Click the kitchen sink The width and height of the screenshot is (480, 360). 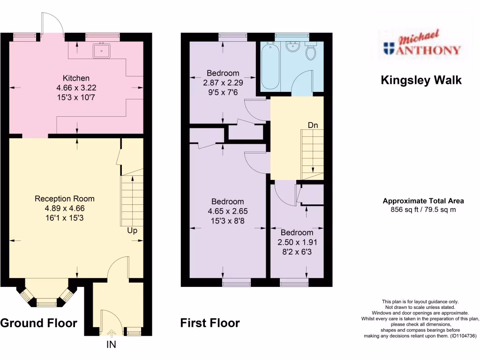[101, 50]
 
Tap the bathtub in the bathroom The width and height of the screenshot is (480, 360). [270, 66]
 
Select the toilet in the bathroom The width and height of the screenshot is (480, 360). [311, 52]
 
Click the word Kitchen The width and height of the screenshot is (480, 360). [76, 78]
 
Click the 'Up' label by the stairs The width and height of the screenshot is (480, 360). [132, 231]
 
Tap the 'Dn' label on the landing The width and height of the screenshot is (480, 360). [313, 125]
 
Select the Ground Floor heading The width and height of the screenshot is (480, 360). [38, 323]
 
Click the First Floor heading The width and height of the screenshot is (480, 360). [210, 323]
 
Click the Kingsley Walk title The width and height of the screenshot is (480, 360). [420, 80]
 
